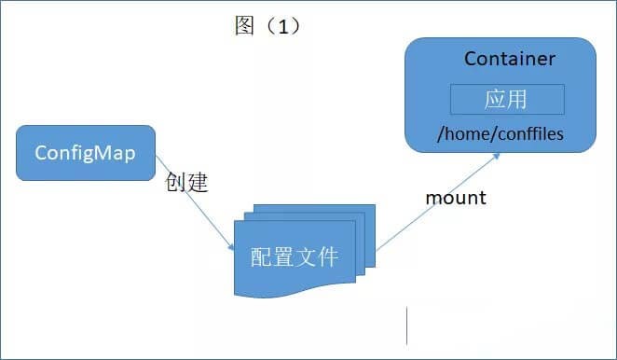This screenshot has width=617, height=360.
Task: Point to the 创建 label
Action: click(x=185, y=182)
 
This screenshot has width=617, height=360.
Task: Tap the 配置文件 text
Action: click(x=295, y=256)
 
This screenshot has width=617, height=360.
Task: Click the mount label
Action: click(x=456, y=198)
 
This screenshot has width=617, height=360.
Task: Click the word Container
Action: click(x=509, y=59)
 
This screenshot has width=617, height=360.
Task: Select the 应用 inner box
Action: click(x=507, y=99)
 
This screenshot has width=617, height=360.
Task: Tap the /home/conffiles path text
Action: click(x=500, y=134)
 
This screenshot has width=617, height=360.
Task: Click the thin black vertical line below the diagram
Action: click(x=406, y=325)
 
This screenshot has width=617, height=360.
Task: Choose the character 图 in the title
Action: click(x=244, y=25)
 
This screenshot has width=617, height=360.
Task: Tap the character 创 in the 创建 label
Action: click(x=175, y=182)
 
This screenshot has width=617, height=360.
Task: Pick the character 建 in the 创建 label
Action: click(x=196, y=182)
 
